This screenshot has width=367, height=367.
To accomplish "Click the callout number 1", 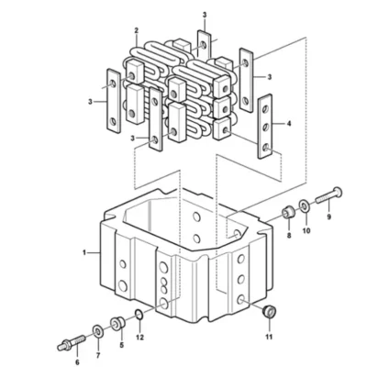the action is [x=84, y=252].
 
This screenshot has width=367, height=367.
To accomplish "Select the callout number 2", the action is [x=137, y=30].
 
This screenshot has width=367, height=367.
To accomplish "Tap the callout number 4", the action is [x=289, y=124].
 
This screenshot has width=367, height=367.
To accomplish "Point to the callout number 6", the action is [x=77, y=362].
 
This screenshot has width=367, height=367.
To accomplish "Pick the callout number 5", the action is [x=122, y=345].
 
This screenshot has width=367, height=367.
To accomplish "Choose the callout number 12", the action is [x=140, y=338].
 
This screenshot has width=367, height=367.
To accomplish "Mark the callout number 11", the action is [x=269, y=337].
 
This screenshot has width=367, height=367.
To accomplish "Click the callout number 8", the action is [x=289, y=236].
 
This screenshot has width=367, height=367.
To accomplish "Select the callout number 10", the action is [x=306, y=230].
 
